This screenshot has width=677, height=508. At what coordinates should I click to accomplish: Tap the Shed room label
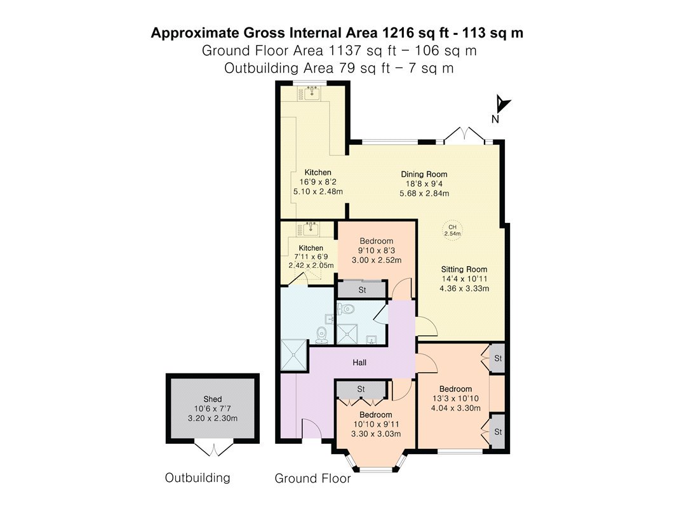pyautogui.click(x=212, y=399)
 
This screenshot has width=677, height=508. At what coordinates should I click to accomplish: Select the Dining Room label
pyautogui.click(x=424, y=175)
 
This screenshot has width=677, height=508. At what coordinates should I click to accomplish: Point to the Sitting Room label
pyautogui.click(x=464, y=269)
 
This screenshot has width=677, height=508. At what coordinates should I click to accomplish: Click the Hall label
pyautogui.click(x=359, y=363)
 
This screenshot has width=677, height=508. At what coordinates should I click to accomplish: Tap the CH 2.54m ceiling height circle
pyautogui.click(x=452, y=230)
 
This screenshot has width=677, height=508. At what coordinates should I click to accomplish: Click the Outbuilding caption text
pyautogui.click(x=198, y=478)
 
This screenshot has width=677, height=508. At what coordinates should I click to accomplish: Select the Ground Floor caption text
pyautogui.click(x=312, y=478)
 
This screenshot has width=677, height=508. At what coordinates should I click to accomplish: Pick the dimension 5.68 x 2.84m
pyautogui.click(x=424, y=194)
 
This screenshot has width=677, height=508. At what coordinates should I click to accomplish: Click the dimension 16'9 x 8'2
pyautogui.click(x=318, y=182)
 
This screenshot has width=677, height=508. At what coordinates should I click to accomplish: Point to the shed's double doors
pyautogui.click(x=213, y=449)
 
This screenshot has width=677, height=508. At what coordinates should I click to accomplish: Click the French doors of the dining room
pyautogui.click(x=464, y=135)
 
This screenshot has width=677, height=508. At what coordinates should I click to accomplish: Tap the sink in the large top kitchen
pyautogui.click(x=311, y=93)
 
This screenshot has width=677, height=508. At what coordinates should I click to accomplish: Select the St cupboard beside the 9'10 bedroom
pyautogui.click(x=362, y=290)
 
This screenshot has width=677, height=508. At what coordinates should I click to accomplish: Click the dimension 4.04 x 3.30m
pyautogui.click(x=455, y=408)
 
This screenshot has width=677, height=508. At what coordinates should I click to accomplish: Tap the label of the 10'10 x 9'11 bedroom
pyautogui.click(x=375, y=415)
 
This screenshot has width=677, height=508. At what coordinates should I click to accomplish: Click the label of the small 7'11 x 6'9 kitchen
pyautogui.click(x=311, y=248)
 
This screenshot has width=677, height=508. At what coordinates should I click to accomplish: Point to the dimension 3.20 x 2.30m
pyautogui.click(x=212, y=418)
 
